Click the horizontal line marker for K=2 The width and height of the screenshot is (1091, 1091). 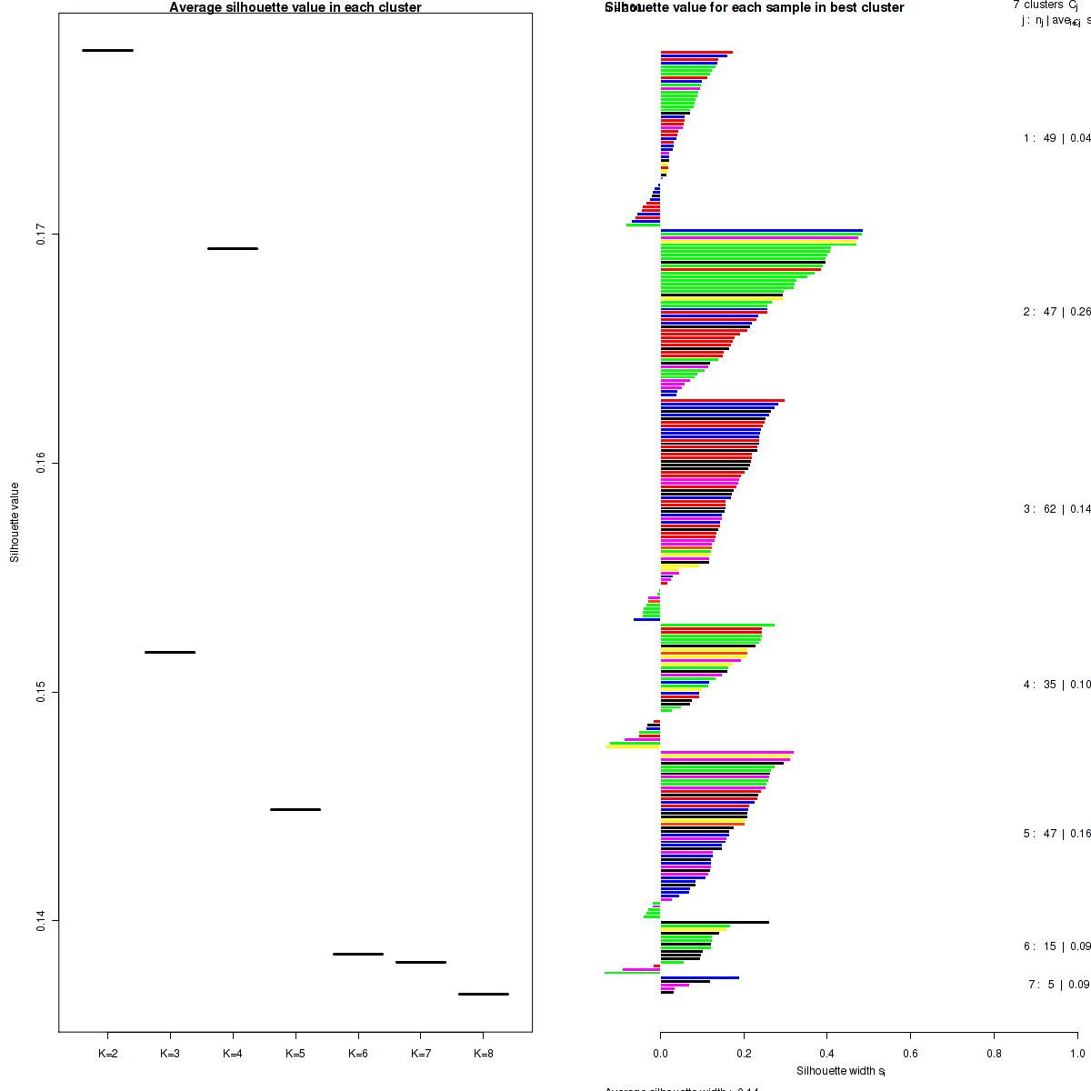pos(107,50)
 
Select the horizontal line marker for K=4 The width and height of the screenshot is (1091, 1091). pos(233,248)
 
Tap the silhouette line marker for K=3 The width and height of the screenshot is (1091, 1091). pos(170,652)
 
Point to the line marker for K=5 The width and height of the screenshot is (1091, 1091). pos(295,809)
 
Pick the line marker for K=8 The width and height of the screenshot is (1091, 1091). pos(483,994)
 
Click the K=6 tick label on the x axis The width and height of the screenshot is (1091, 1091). pos(358,1054)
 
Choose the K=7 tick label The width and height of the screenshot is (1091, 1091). pos(421,1054)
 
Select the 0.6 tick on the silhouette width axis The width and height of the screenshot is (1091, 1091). pos(910,1054)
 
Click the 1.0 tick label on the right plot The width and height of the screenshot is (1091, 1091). pos(1076,1054)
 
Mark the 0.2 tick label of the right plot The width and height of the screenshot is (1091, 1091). pos(744,1054)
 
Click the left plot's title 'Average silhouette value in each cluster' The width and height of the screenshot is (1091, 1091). pos(295,7)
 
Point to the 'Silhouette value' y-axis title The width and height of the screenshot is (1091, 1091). pos(15,522)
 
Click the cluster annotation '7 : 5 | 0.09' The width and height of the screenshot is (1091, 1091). pos(1058,985)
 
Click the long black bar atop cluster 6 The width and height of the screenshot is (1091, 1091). pos(715,923)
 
